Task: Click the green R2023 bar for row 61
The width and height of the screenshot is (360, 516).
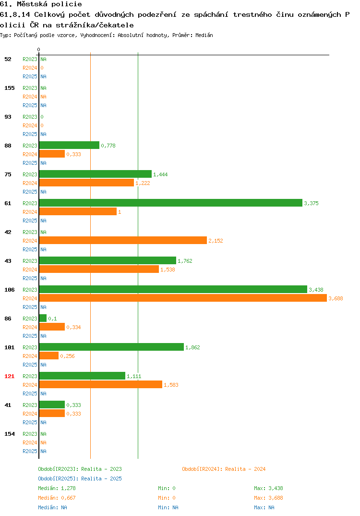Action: point(170,203)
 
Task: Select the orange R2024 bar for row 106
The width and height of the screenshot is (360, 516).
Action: point(183,298)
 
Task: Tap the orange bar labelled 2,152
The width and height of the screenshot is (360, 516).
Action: point(123,241)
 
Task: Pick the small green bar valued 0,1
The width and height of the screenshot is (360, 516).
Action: point(43,318)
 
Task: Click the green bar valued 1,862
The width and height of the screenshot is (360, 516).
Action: point(111,347)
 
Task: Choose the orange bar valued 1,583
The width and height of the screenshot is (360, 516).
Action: point(101,385)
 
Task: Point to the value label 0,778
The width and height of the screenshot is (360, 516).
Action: point(108,146)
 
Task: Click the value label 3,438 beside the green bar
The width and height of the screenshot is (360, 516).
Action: point(316,290)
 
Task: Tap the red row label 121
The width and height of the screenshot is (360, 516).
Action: point(10,376)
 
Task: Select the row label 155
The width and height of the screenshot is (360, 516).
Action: point(10,88)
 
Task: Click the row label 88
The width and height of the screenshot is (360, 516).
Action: point(8,146)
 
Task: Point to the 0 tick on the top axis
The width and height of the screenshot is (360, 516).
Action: point(38,49)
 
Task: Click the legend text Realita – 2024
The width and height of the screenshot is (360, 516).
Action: point(245,469)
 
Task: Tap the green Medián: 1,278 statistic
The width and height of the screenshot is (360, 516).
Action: point(57,488)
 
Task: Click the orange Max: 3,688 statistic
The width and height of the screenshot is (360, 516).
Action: point(268,498)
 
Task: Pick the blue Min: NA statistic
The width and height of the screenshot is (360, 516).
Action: point(168,507)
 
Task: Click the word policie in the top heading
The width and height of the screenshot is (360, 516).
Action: point(67,4)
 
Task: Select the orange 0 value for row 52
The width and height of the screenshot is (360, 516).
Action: point(42,68)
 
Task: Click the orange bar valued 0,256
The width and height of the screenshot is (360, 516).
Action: point(49,356)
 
